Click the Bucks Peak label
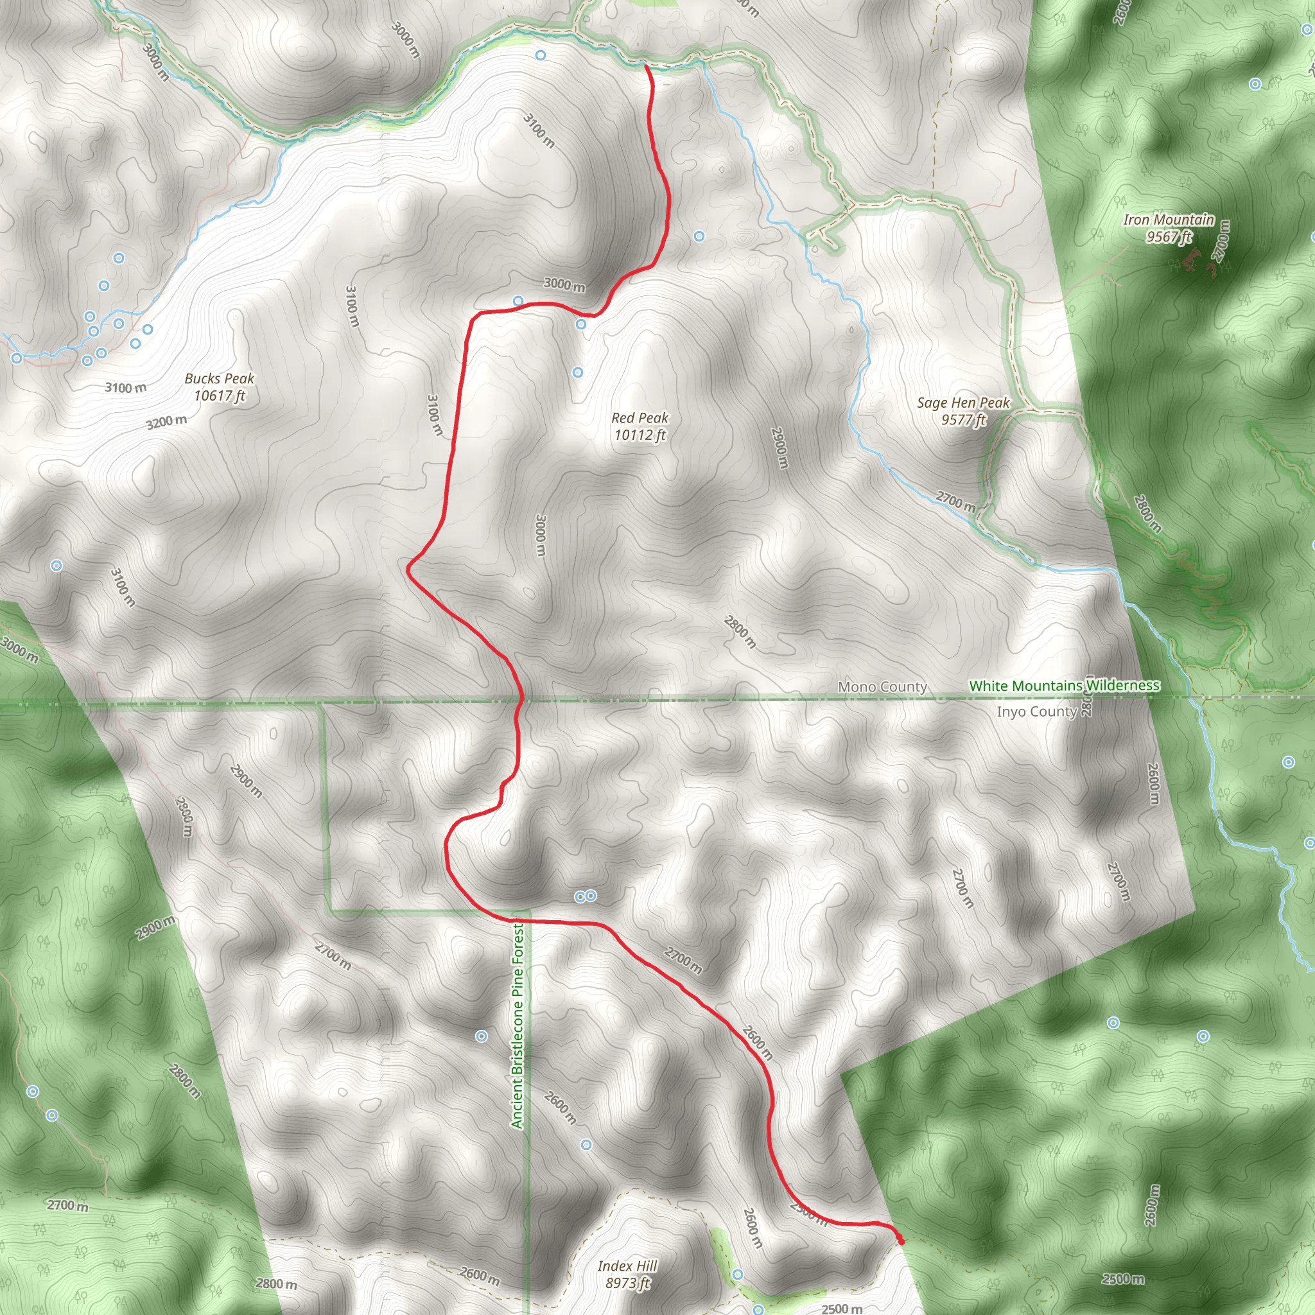[219, 387]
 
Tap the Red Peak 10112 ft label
[640, 426]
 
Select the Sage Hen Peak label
[963, 411]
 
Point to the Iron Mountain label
[1168, 228]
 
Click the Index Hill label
[627, 1274]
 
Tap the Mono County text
[882, 687]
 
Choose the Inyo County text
[1036, 711]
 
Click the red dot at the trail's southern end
[901, 1241]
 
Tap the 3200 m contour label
[166, 422]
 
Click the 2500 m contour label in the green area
[1122, 1279]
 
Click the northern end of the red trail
[645, 66]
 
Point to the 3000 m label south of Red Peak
[541, 535]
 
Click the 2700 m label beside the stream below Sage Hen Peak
[955, 501]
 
